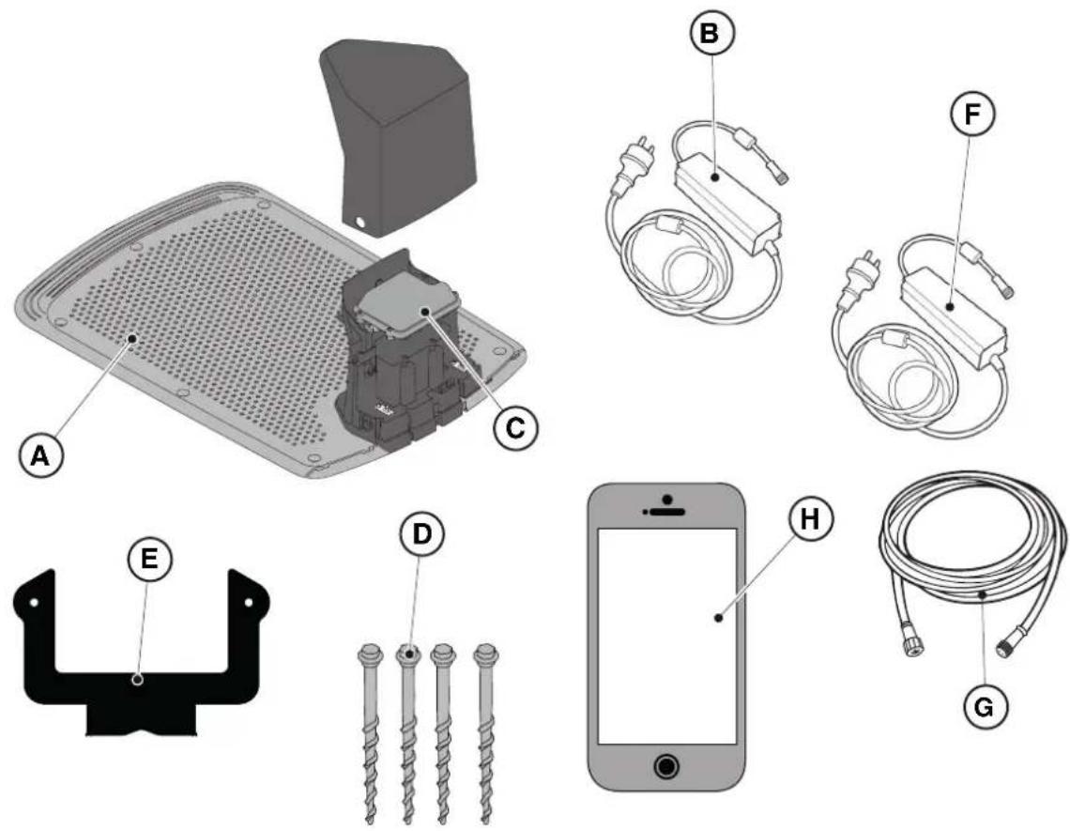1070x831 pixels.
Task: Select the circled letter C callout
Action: (x=515, y=427)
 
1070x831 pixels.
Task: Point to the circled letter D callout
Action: (x=422, y=533)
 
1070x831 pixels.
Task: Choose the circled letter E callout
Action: (x=149, y=559)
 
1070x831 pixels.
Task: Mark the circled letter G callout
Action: (x=984, y=706)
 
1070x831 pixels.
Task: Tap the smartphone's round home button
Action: (x=666, y=766)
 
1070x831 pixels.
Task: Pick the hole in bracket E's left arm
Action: (x=34, y=602)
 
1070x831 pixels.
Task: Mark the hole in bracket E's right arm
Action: (x=249, y=602)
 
